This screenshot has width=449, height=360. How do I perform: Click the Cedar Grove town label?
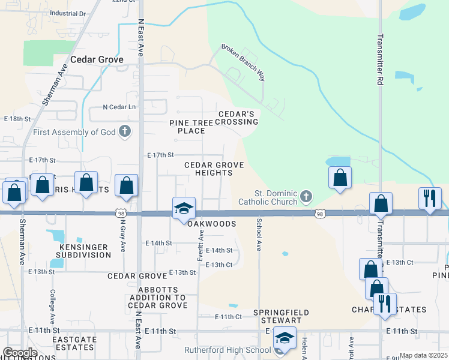click(x=97, y=60)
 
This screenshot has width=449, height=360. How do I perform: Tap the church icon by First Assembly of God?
click(x=125, y=131)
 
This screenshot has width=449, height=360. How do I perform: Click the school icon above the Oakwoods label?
click(x=184, y=208)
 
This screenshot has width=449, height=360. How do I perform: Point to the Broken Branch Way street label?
click(x=243, y=62)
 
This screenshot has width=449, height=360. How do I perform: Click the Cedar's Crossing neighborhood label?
click(x=237, y=118)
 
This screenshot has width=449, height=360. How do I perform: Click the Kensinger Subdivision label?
click(x=85, y=251)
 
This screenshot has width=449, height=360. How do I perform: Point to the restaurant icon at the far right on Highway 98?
click(x=430, y=198)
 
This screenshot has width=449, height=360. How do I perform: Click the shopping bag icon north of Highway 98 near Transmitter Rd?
click(x=340, y=177)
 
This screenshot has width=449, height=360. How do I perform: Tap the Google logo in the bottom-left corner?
click(x=20, y=353)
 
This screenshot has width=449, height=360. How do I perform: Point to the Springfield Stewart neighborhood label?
click(x=280, y=317)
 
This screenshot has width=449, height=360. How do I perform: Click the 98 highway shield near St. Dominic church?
click(x=319, y=213)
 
